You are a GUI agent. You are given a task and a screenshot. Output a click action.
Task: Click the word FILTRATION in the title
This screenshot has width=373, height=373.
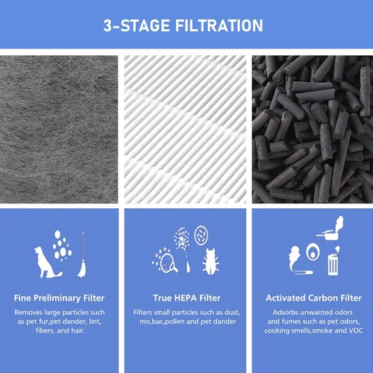[219, 25]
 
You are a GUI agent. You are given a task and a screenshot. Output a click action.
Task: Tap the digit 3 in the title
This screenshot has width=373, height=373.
[107, 25]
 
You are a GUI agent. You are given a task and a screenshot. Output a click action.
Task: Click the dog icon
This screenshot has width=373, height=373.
[47, 263]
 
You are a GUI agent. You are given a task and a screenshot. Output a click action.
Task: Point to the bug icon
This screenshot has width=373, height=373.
[211, 262]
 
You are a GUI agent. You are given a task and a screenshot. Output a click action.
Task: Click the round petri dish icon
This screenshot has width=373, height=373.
[201, 235]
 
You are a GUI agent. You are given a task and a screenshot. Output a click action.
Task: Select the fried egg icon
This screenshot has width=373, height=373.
[313, 251]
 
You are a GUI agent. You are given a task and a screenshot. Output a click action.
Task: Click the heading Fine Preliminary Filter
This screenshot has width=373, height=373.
[59, 298]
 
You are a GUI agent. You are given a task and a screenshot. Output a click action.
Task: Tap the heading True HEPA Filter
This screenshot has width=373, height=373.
[186, 298]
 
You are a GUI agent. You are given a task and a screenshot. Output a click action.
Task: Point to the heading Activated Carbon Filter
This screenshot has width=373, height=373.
[313, 298]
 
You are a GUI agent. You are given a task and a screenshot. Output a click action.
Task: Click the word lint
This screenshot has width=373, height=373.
[95, 322]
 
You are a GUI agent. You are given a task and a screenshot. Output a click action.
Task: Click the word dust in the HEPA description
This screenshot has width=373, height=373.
[232, 313]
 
